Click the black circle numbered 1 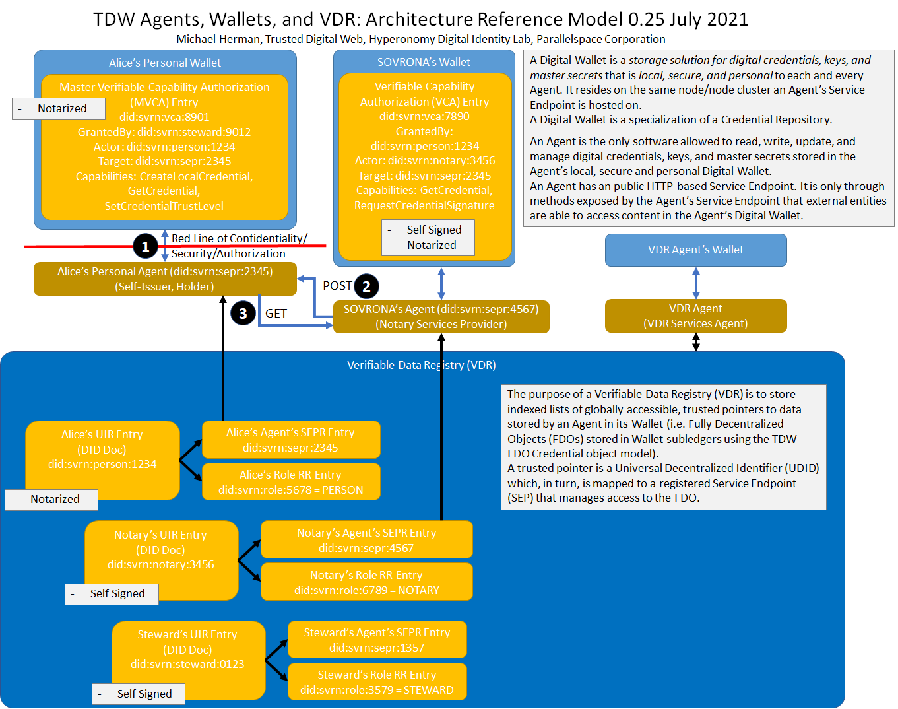(x=145, y=247)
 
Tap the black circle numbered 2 (x=366, y=287)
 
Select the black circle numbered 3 (x=243, y=313)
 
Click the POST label (x=337, y=286)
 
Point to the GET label (x=276, y=314)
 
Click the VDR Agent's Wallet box (x=695, y=250)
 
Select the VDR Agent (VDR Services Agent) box (x=695, y=316)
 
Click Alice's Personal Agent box (x=165, y=279)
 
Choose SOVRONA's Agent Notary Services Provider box (x=441, y=317)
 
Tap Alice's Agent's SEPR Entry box (x=290, y=440)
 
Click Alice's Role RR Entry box (x=290, y=482)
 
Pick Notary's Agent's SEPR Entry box (x=366, y=540)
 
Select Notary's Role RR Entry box (x=366, y=582)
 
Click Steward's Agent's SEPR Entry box (x=377, y=640)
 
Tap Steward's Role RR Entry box (x=377, y=682)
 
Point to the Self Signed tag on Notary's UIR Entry (x=112, y=594)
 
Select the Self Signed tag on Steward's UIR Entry (x=139, y=694)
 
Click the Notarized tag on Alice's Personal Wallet (x=59, y=109)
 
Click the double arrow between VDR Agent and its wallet (x=695, y=283)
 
